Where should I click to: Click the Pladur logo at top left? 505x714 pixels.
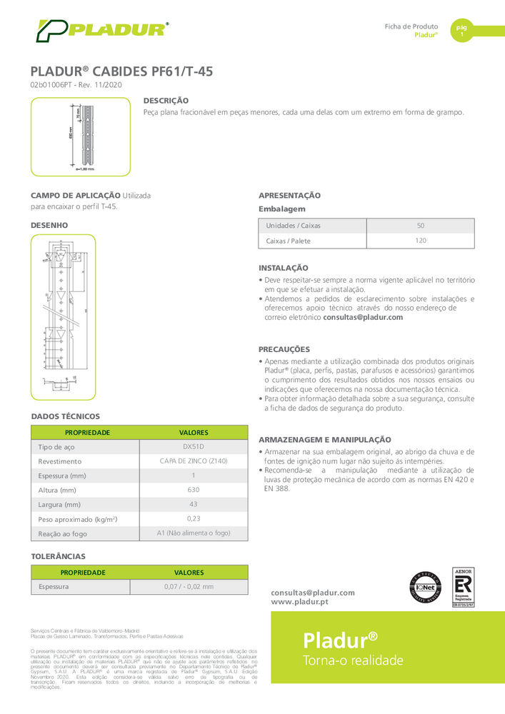point(103,31)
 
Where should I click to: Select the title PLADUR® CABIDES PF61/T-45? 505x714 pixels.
point(121,71)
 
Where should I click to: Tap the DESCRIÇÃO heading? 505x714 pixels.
point(166,101)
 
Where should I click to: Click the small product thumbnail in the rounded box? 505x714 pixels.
point(81,137)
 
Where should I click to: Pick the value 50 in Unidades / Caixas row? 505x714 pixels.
point(420,226)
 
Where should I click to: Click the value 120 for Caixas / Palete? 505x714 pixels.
point(420,241)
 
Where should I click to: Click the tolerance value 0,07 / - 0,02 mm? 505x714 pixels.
point(189,587)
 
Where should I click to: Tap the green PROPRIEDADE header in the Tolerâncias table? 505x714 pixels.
point(83,572)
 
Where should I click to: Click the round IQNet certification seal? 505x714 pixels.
point(424,590)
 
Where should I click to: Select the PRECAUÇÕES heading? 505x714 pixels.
point(284,349)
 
